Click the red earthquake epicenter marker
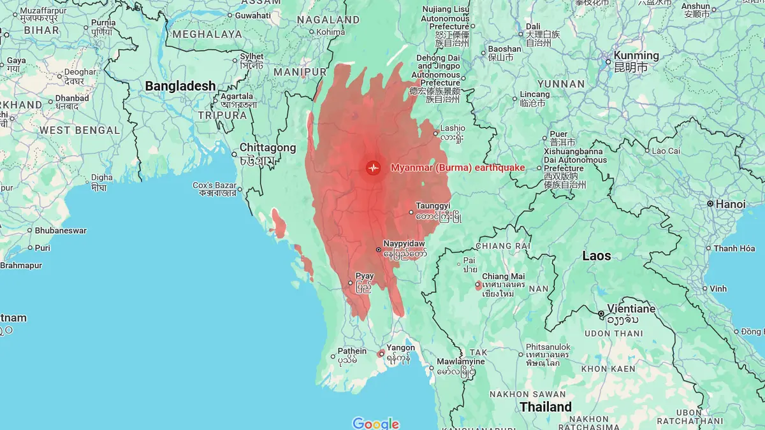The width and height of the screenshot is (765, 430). click(373, 168)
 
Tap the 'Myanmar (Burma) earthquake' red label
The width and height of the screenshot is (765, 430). click(458, 168)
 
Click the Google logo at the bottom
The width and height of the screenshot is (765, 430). click(376, 424)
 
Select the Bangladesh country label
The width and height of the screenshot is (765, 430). click(180, 86)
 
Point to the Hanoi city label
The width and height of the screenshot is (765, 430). click(730, 204)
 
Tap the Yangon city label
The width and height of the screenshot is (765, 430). click(400, 348)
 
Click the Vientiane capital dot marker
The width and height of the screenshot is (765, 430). click(601, 314)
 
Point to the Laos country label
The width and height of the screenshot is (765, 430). click(596, 256)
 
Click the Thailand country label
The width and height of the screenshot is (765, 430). click(546, 406)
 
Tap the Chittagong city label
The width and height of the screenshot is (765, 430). click(268, 148)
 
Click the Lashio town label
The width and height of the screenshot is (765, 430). click(453, 127)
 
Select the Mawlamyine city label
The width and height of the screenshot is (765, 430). click(460, 361)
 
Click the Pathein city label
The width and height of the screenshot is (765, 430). click(352, 350)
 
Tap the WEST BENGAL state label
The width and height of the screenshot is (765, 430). click(79, 130)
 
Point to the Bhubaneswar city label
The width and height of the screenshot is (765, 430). click(61, 230)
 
